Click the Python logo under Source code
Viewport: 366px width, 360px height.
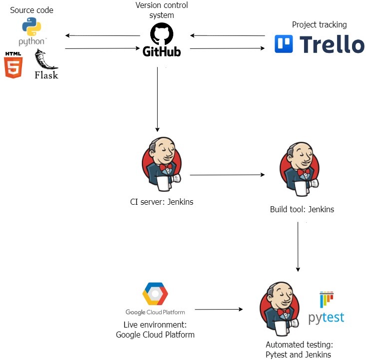coord(32,27)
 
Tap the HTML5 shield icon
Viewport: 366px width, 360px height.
coord(13,65)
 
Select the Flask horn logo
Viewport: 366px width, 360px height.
coord(46,59)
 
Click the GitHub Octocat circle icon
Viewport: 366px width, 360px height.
coord(161,33)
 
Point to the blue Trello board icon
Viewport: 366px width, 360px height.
coord(284,44)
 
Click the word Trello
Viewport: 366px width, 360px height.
coord(332,44)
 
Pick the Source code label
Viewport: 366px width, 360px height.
coord(31,10)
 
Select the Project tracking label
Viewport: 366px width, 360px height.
coord(320,24)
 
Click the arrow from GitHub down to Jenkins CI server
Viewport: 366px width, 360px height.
coord(157,99)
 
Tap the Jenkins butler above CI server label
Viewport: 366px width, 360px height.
coord(161,164)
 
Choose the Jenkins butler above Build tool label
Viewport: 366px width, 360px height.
coord(300,169)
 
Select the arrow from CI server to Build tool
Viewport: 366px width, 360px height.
coord(227,175)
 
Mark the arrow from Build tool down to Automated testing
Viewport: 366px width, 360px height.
coord(298,247)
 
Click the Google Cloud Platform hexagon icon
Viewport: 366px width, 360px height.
coord(155,294)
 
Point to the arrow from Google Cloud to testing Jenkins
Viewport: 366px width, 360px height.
coord(219,310)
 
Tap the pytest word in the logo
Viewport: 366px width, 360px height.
coord(326,318)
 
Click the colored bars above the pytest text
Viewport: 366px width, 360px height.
coord(327,299)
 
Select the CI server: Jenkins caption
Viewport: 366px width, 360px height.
coord(161,202)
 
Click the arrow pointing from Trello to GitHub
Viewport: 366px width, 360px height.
coord(227,35)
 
